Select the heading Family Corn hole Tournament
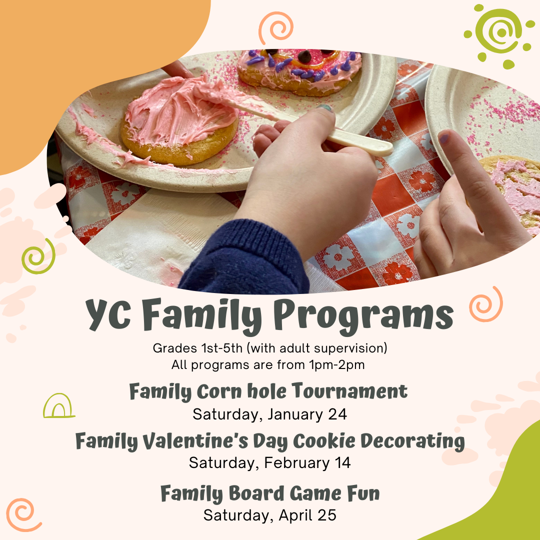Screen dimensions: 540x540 coord(268,391)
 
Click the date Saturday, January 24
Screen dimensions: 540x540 coord(269,414)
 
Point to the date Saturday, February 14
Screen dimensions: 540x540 coord(269,463)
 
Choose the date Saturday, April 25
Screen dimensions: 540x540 coord(269,515)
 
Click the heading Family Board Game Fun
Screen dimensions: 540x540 coord(270,493)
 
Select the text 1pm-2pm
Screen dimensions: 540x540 coord(337,364)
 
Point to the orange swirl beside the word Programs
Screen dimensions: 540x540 coord(486,304)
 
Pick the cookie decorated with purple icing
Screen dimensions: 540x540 coord(299,71)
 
